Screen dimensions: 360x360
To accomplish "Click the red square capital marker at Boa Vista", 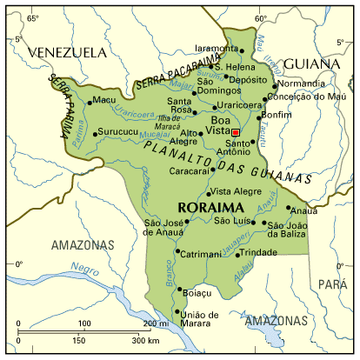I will coord(236,132).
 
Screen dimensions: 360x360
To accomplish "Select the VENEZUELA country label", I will coord(63,53).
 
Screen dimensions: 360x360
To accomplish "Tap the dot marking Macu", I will coord(90,102).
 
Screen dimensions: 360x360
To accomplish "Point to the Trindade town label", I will coord(259,252).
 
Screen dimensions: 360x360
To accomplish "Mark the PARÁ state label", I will coord(332,284).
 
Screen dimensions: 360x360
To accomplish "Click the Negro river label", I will coord(83,269).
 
